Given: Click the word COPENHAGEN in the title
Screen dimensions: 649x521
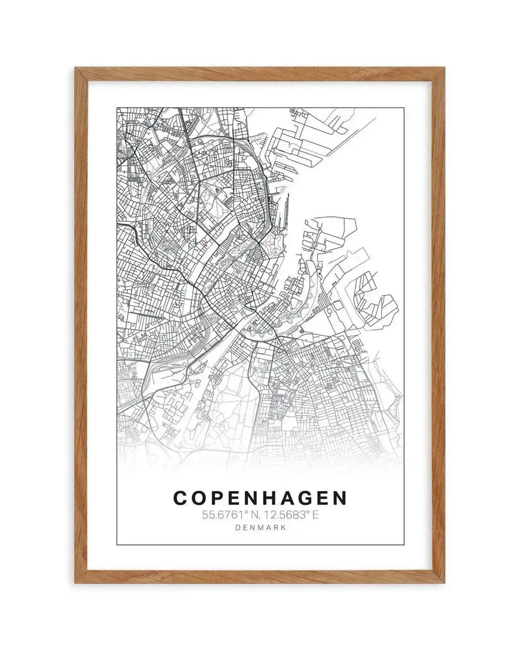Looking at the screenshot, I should click(260, 498).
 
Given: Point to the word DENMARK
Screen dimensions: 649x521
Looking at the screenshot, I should click(260, 528).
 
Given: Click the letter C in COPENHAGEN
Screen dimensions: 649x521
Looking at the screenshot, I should click(181, 498).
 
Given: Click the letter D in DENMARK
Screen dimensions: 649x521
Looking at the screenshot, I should click(237, 528).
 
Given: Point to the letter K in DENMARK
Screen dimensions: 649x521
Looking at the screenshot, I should click(284, 528).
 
